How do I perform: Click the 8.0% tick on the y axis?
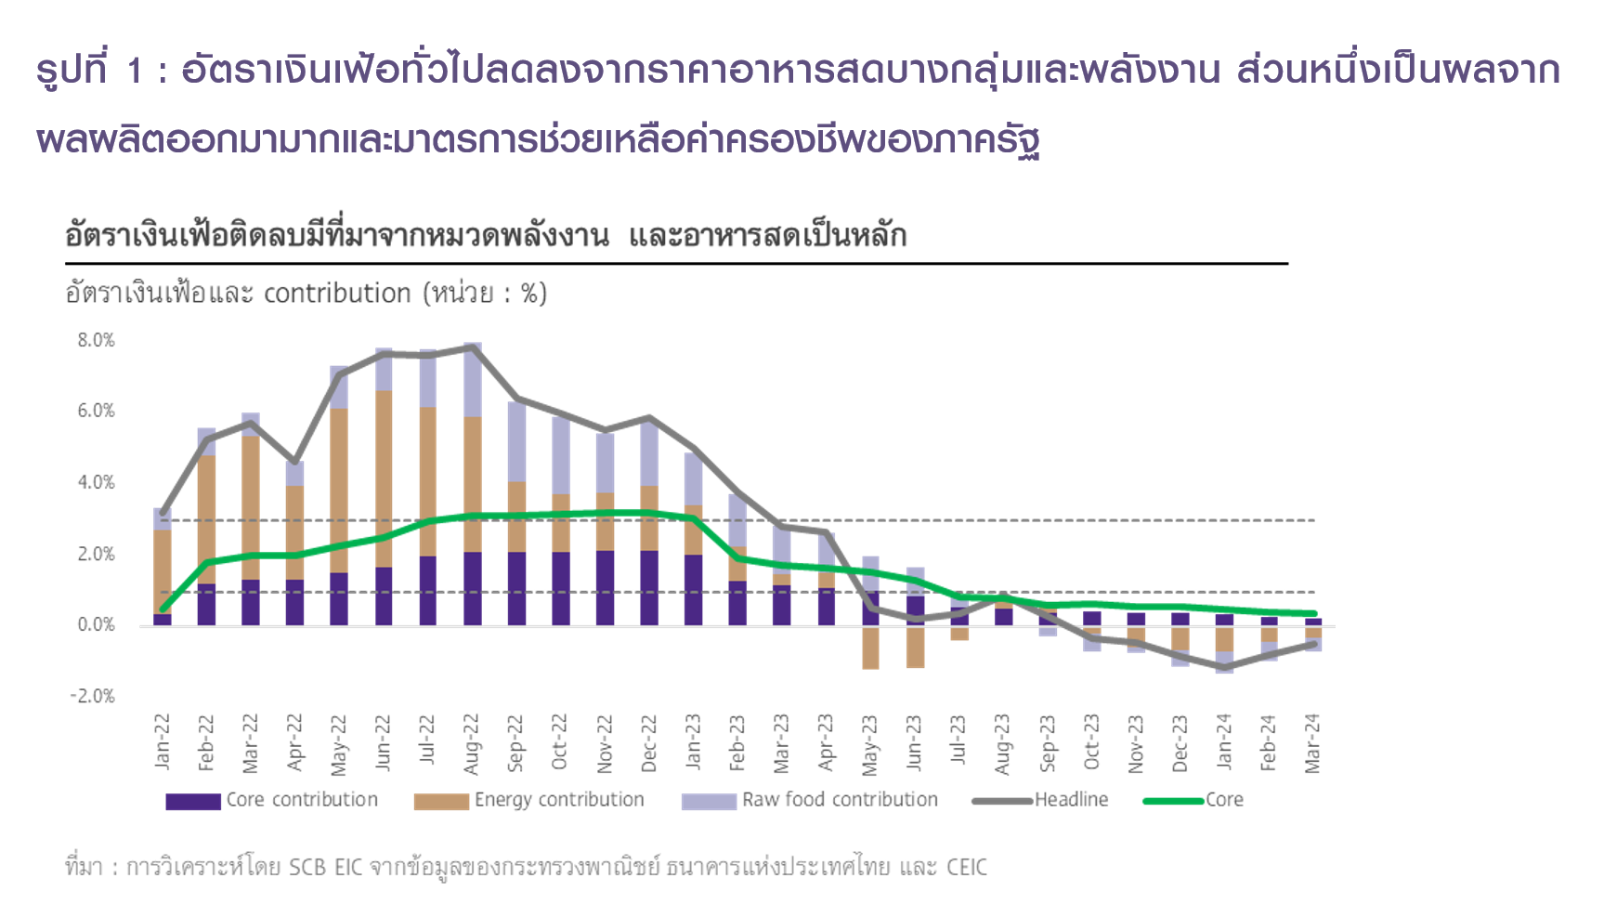coord(96,341)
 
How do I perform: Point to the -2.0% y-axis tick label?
coord(93,697)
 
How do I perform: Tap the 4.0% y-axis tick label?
coord(96,483)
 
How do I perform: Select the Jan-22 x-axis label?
coord(163,742)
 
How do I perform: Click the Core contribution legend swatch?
coord(193,801)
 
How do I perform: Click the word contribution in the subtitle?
coord(337,294)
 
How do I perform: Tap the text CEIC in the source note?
coord(966,868)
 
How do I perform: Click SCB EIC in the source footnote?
coord(325,868)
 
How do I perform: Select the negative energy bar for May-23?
coord(870,648)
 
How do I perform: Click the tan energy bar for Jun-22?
coord(384,478)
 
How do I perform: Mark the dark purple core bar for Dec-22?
coord(649,588)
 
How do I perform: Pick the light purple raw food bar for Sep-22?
coord(516,441)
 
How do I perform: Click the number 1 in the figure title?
coord(136,71)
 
